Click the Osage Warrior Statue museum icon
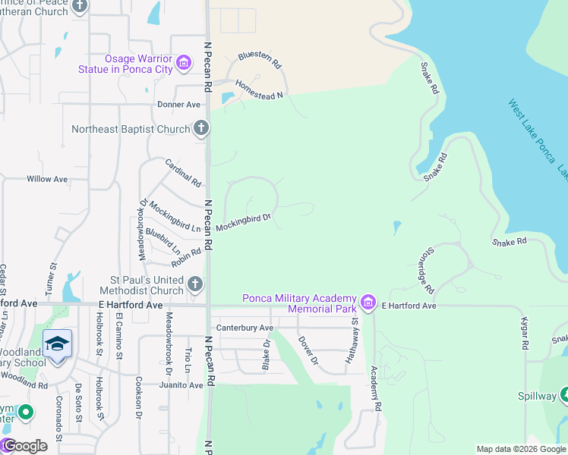[x=184, y=63]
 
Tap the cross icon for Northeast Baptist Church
[x=201, y=129]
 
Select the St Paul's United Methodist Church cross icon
[x=195, y=284]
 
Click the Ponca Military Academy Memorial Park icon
[x=369, y=303]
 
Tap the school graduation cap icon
[x=58, y=344]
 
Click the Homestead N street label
[x=258, y=89]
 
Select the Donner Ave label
[x=178, y=104]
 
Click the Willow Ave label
[x=47, y=179]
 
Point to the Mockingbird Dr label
[x=243, y=222]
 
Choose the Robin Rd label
[x=186, y=257]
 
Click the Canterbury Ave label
[x=245, y=328]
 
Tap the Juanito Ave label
[x=181, y=385]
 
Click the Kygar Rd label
[x=524, y=334]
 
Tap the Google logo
[x=24, y=446]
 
